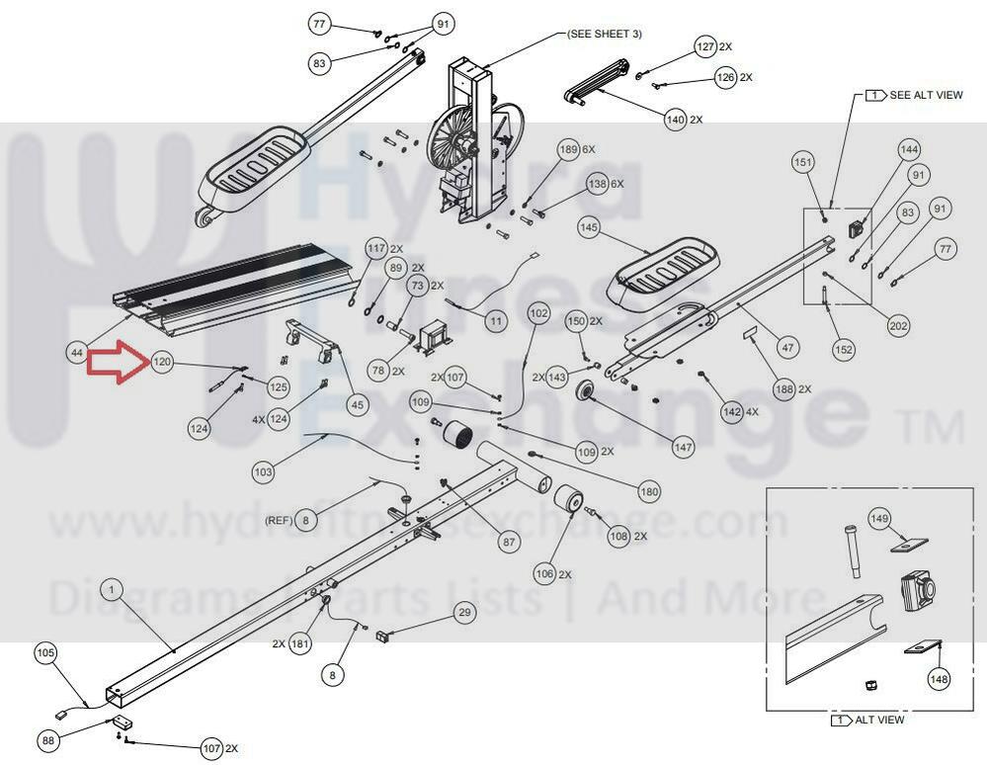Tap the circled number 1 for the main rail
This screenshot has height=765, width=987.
click(x=112, y=590)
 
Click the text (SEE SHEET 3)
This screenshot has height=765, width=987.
click(x=604, y=34)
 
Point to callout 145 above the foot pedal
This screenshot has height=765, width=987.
click(x=589, y=227)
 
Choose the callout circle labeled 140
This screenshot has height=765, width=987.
click(x=675, y=120)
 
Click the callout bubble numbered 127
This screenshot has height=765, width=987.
click(x=705, y=46)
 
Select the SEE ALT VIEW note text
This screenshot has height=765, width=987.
click(x=926, y=95)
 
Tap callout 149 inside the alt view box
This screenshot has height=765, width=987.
click(x=879, y=518)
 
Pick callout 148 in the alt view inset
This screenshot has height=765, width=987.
click(x=938, y=679)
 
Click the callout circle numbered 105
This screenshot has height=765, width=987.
click(x=46, y=652)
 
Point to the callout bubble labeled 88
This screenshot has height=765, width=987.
click(x=47, y=739)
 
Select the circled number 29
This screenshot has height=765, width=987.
click(x=464, y=614)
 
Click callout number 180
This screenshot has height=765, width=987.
click(x=649, y=491)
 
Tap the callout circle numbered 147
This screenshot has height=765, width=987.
click(x=684, y=447)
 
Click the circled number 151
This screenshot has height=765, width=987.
click(x=803, y=162)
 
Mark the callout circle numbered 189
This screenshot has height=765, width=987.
click(x=568, y=150)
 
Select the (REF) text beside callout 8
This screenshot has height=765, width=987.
click(x=277, y=519)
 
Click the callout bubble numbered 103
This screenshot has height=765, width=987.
click(x=263, y=473)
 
